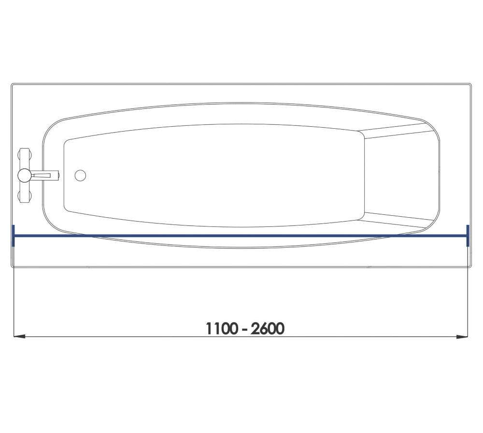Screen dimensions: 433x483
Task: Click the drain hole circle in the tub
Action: pyautogui.click(x=80, y=175)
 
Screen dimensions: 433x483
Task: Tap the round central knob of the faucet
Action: pyautogui.click(x=24, y=175)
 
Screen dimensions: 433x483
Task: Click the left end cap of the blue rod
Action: pyautogui.click(x=14, y=236)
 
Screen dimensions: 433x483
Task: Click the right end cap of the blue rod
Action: pyautogui.click(x=468, y=236)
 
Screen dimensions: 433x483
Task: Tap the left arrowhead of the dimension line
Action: pyautogui.click(x=18, y=336)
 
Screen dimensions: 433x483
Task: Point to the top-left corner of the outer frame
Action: pyautogui.click(x=12, y=84)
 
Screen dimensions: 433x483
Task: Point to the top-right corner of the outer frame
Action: pyautogui.click(x=470, y=84)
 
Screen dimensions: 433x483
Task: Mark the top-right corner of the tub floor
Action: pyautogui.click(x=361, y=132)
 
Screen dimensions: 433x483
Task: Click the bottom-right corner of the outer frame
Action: pyautogui.click(x=470, y=266)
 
